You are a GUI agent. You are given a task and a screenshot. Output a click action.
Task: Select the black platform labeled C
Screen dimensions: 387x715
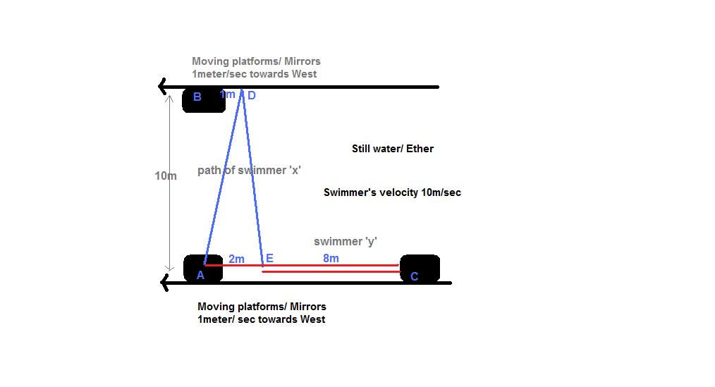420,269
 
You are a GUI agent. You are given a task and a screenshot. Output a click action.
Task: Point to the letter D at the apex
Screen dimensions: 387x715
251,96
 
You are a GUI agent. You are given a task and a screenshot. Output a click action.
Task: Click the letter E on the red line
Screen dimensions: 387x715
269,259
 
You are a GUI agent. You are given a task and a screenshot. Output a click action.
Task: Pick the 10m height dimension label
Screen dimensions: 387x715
166,176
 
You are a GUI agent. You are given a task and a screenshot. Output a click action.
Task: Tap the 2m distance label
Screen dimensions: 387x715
236,259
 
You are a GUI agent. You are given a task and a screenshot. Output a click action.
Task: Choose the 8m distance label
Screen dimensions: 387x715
331,258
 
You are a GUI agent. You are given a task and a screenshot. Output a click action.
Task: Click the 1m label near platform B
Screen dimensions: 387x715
227,94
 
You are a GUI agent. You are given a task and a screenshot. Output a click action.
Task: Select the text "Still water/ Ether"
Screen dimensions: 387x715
393,149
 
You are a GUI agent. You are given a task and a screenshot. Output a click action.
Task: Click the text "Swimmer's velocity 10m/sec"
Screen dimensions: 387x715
392,192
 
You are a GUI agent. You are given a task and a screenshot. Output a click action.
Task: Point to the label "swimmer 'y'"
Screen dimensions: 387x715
346,242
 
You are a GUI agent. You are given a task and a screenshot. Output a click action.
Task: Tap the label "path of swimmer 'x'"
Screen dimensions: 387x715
250,170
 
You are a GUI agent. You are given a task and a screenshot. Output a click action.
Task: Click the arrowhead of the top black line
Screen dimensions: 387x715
163,87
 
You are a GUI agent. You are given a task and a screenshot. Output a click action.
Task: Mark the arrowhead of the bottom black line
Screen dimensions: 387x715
165,283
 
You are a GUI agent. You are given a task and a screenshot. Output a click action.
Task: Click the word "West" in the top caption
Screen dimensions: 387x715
304,74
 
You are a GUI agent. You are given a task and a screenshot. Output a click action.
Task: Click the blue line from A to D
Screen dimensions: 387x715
223,176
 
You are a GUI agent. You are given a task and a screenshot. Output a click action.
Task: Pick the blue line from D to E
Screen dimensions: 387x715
252,176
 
